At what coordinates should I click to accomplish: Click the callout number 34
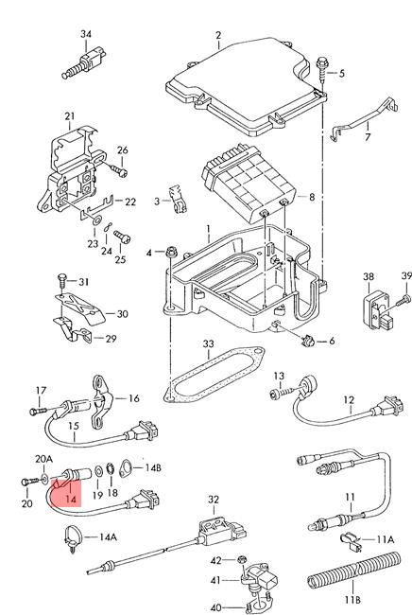86,34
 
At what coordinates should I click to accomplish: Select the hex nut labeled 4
171,252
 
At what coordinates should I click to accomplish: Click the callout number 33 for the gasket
208,344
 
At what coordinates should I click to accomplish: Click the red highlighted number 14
71,499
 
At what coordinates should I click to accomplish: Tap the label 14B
153,467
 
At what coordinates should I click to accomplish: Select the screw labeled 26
119,170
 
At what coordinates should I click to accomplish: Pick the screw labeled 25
121,237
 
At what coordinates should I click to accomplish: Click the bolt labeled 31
61,281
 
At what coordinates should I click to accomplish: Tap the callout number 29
111,338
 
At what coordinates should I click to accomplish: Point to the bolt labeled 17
39,411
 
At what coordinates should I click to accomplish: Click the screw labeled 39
403,301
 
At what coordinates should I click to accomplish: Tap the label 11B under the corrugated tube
352,599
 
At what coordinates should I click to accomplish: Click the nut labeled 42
242,560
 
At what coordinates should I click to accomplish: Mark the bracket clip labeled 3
178,200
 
